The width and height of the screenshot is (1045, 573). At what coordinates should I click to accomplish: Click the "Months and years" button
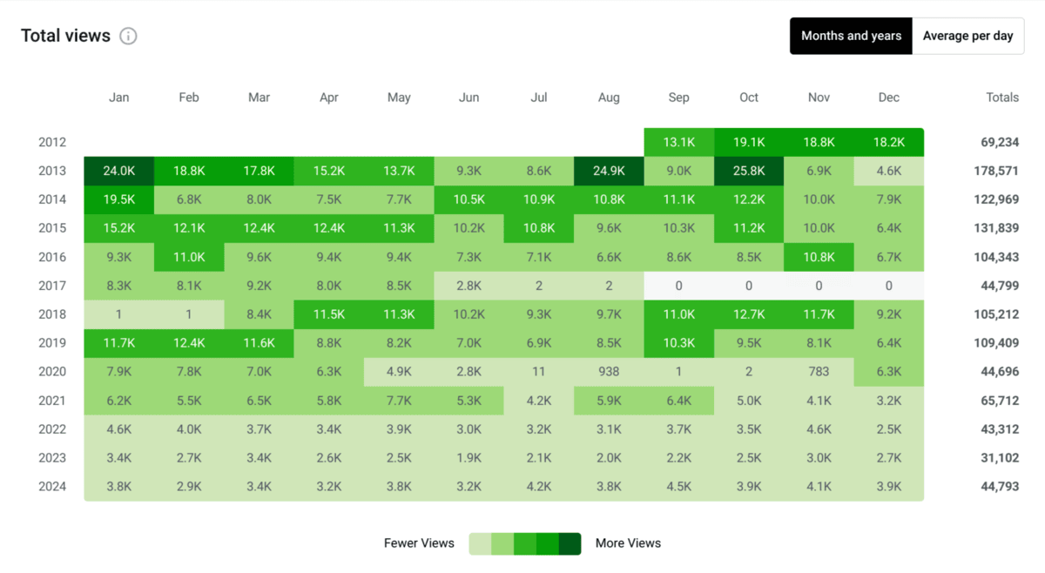(x=851, y=36)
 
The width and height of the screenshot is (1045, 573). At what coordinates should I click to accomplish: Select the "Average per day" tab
(x=967, y=36)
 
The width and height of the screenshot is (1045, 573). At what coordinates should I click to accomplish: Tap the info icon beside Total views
(x=128, y=37)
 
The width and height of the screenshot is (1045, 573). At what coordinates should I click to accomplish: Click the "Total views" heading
(x=65, y=36)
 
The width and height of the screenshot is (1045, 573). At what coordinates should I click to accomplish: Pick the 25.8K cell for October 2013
(x=749, y=172)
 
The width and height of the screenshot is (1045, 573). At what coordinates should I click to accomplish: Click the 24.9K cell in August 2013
(x=609, y=172)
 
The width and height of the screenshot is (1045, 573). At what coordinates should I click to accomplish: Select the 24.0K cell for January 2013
(x=119, y=172)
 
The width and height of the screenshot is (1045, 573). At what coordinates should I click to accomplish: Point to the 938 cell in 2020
(x=609, y=372)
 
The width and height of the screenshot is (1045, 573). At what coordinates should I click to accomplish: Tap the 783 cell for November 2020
(x=819, y=372)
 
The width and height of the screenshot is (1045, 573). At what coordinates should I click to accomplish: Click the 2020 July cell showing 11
(x=539, y=372)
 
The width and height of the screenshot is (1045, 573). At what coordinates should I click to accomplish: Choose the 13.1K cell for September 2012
(x=678, y=143)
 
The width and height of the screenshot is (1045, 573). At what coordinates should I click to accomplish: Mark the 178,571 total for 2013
(x=995, y=172)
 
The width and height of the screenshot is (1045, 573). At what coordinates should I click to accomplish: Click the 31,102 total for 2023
(x=999, y=458)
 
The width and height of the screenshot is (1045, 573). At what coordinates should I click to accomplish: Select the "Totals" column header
(x=1001, y=98)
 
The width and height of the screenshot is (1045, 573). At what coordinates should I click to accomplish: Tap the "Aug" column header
(x=609, y=98)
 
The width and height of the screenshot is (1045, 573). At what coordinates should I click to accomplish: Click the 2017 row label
(x=52, y=286)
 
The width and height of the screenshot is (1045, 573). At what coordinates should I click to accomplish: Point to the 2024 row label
(x=52, y=487)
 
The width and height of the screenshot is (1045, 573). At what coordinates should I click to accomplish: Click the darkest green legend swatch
(x=570, y=543)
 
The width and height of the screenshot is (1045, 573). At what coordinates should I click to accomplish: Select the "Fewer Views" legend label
(x=419, y=543)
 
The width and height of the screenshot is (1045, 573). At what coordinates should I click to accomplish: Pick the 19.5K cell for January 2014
(x=119, y=200)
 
